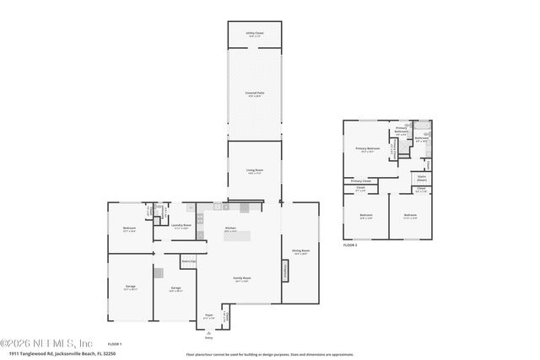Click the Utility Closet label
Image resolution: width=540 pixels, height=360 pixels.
point(255,35)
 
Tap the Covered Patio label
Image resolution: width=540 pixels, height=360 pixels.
point(255,94)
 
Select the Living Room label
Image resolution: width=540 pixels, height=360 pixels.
point(255,172)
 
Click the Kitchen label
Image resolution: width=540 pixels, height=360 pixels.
point(229,228)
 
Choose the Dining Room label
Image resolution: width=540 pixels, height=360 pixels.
point(300,251)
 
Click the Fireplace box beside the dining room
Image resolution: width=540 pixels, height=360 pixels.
point(285,270)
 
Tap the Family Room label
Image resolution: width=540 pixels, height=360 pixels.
point(242,279)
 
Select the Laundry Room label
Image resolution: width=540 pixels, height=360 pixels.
point(181,226)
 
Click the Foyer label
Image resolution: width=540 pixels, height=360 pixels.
point(208,315)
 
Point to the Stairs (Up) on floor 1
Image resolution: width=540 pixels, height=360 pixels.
point(188,262)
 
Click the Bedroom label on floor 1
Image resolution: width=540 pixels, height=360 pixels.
point(129,229)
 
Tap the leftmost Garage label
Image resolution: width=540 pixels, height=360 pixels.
point(131,288)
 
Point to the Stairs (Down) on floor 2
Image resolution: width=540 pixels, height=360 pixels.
point(421,179)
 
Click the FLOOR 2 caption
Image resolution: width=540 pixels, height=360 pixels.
point(351,245)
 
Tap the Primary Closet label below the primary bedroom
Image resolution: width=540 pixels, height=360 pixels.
point(360,181)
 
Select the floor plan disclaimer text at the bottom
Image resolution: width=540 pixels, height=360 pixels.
point(269,353)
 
